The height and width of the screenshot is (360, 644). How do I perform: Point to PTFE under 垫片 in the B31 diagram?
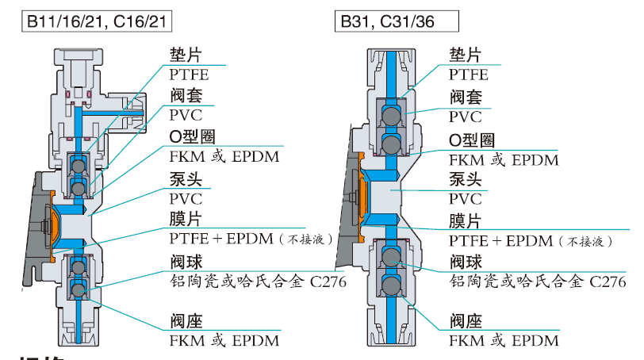coord(469,75)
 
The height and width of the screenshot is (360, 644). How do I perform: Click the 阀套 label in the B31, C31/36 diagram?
coord(466,98)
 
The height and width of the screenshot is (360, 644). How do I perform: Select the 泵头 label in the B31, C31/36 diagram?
coord(466,180)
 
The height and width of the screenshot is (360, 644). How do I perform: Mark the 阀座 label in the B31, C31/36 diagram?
coord(466,322)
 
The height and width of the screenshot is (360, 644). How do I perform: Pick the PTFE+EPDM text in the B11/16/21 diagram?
coord(222,239)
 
